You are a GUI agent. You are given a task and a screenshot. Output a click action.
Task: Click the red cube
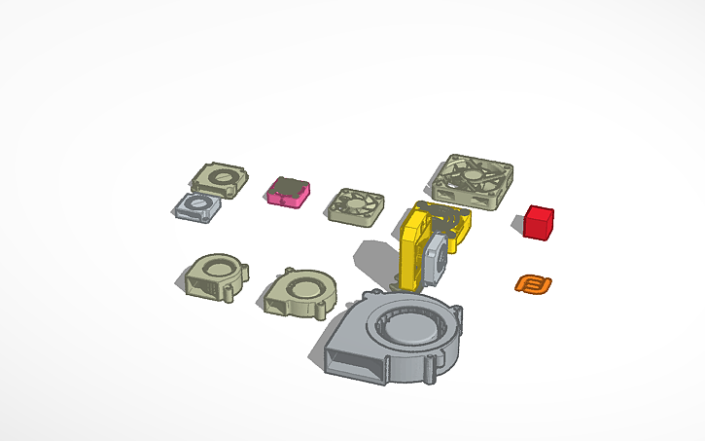click(538, 222)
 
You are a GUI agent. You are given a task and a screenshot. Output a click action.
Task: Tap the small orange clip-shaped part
click(533, 284)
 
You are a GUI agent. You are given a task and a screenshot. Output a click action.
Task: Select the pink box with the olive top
click(287, 192)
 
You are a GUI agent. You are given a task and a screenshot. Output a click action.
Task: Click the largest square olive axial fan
click(469, 181)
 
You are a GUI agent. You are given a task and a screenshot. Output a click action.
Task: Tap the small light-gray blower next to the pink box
click(199, 207)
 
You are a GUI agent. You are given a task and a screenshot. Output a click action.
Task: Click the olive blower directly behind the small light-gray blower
click(218, 179)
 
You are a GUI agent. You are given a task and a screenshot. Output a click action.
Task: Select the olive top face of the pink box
click(289, 186)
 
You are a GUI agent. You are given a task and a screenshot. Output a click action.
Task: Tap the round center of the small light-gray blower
click(202, 204)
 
